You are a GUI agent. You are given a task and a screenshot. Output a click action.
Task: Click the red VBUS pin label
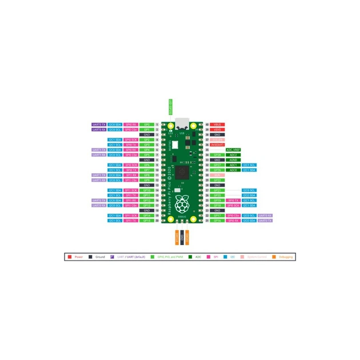click(218, 124)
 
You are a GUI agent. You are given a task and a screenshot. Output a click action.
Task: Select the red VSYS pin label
click(218, 129)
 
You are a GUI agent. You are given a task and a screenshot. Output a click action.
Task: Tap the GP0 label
click(147, 124)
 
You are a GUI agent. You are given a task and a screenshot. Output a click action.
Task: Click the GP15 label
click(147, 220)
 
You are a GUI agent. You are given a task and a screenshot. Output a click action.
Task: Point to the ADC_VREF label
click(233, 150)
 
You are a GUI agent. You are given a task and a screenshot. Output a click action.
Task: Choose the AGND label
click(233, 159)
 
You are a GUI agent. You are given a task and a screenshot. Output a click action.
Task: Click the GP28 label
click(218, 155)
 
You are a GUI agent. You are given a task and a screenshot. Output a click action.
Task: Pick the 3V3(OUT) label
click(218, 145)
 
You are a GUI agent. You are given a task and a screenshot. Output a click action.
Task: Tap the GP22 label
click(218, 180)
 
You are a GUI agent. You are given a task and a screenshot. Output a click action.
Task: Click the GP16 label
click(218, 220)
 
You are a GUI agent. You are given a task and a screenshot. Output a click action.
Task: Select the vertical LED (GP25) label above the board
click(170, 106)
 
